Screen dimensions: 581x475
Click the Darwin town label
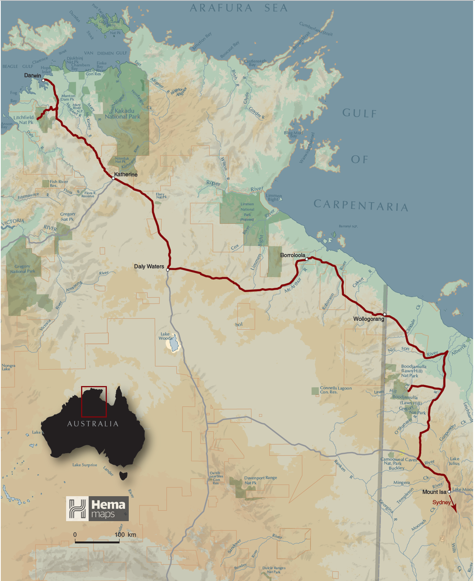(32, 76)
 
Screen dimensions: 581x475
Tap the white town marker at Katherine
(113, 178)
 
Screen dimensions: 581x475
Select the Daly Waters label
(149, 266)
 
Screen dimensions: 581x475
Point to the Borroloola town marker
(307, 259)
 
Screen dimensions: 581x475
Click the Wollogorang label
(369, 319)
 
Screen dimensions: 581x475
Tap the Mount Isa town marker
(449, 492)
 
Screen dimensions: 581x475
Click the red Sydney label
(441, 502)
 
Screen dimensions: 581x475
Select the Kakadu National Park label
(123, 114)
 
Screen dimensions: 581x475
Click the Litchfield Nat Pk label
(24, 120)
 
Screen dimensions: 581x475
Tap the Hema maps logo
(97, 508)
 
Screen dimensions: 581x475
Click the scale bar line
(97, 542)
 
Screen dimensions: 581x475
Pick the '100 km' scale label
(125, 535)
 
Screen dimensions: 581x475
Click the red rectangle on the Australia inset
(94, 401)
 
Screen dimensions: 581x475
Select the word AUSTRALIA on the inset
(93, 424)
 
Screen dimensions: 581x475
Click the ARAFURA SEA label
(238, 8)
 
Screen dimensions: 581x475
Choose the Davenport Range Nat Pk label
(260, 480)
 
